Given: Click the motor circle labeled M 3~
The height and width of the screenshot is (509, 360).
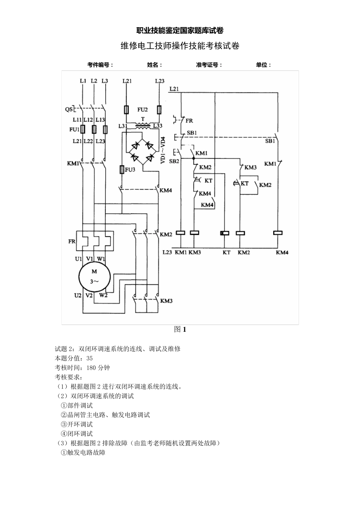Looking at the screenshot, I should click(x=94, y=276).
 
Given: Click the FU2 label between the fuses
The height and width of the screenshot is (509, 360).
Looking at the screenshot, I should click(x=142, y=110).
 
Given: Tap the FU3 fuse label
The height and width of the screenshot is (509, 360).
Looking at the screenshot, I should click(x=130, y=170).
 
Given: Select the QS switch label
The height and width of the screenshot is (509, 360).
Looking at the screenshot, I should click(x=69, y=109).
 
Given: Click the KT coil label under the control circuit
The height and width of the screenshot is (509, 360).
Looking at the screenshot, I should click(x=226, y=252).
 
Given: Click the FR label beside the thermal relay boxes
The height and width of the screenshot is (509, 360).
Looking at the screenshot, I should click(x=72, y=241).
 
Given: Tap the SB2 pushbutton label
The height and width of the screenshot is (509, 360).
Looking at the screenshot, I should click(x=174, y=161).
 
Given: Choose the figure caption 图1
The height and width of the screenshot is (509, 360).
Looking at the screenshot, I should click(x=180, y=329).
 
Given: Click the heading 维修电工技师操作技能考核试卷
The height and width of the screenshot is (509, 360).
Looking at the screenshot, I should click(x=180, y=46).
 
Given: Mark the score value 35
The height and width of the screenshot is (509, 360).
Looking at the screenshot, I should click(x=89, y=358).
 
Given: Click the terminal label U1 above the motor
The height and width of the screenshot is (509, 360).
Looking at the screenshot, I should click(x=78, y=259).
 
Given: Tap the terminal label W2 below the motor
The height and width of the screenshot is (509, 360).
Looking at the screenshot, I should click(x=103, y=295).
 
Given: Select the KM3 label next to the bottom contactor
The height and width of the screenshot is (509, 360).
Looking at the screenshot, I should click(x=166, y=301).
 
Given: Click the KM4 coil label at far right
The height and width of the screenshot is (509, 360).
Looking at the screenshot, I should click(x=282, y=252).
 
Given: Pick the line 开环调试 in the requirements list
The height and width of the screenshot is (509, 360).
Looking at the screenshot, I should click(x=80, y=425).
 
